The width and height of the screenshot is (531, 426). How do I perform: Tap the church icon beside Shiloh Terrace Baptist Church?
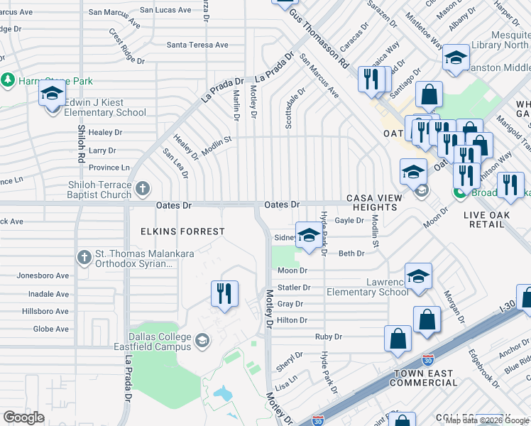(143, 189)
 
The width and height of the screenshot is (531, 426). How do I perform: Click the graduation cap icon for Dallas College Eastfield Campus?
(202, 341)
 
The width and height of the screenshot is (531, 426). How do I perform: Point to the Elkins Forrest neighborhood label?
(173, 231)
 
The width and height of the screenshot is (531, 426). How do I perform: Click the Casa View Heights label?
(371, 202)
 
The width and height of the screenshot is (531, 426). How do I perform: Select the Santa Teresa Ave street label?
(197, 45)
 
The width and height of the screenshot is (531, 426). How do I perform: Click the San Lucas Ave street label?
(165, 10)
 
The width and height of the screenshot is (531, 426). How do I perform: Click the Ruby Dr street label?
(329, 337)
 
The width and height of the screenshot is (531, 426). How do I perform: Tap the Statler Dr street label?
(294, 288)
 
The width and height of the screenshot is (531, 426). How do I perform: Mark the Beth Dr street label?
(351, 253)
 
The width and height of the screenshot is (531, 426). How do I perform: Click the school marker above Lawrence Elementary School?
(418, 277)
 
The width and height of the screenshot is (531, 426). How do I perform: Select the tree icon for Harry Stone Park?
(8, 80)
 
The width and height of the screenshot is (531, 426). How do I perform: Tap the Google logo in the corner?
(23, 417)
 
